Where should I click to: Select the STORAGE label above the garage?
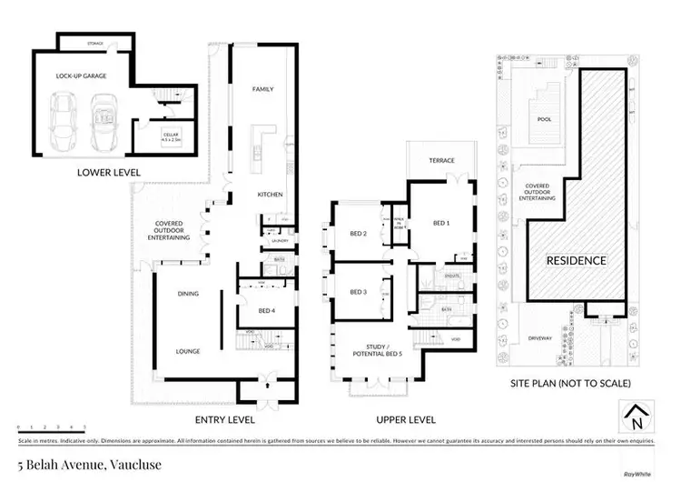pyautogui.click(x=94, y=43)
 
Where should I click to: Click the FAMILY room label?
pyautogui.click(x=262, y=89)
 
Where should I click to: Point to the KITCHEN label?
pyautogui.click(x=270, y=195)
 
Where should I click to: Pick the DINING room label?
pyautogui.click(x=188, y=294)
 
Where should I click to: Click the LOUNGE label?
pyautogui.click(x=188, y=351)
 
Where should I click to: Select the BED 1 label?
pyautogui.click(x=441, y=223)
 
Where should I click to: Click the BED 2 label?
pyautogui.click(x=357, y=234)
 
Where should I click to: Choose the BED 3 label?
pyautogui.click(x=357, y=291)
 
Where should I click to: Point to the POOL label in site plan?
pyautogui.click(x=544, y=118)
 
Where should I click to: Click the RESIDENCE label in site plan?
pyautogui.click(x=575, y=260)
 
